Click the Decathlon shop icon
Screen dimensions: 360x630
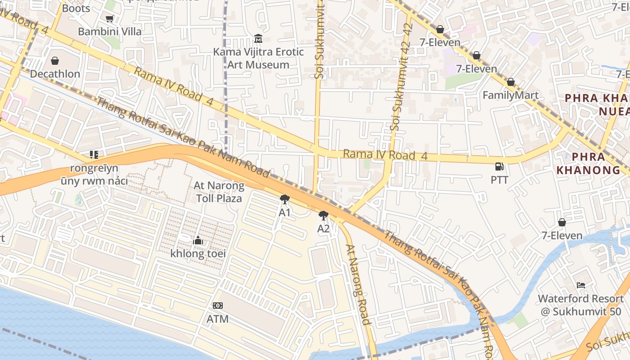[x=55, y=61]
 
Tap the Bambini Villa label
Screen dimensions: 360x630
[x=110, y=31]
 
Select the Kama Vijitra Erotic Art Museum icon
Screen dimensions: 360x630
[x=258, y=39]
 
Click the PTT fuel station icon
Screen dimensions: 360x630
[x=499, y=166]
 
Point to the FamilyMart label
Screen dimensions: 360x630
[x=510, y=95]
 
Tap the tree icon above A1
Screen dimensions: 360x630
[x=284, y=199]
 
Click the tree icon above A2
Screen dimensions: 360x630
[x=323, y=216]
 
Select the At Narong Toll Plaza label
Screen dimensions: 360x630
[x=219, y=192]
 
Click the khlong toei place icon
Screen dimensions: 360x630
[x=198, y=241]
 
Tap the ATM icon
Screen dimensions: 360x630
[x=218, y=306]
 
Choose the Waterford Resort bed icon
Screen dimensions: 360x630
[x=581, y=285]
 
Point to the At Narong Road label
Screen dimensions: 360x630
[x=359, y=284]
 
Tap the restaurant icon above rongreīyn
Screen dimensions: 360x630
[x=94, y=155]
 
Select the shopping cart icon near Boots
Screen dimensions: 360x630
[x=109, y=18]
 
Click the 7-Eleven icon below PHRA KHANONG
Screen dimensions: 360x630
[x=562, y=222]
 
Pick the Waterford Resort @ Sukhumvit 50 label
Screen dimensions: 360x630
[x=580, y=305]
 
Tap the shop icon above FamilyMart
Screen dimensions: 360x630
[x=510, y=82]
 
